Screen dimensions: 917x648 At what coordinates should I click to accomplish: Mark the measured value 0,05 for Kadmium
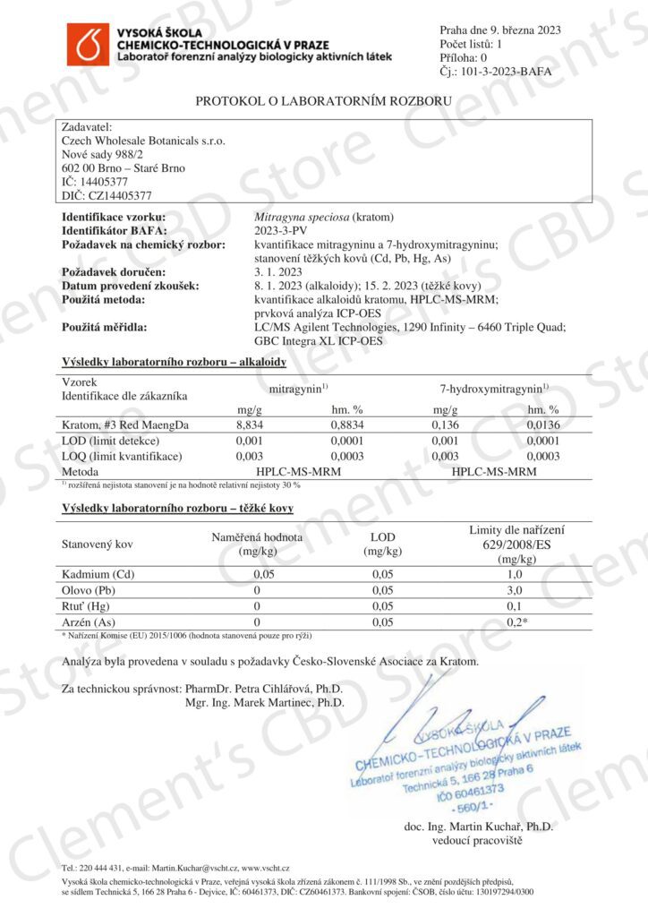262,573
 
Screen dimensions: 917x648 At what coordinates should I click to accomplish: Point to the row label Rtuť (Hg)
87,605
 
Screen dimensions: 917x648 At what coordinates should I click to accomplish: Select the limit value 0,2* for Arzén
517,621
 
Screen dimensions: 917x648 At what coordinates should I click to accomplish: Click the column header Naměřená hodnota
257,536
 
